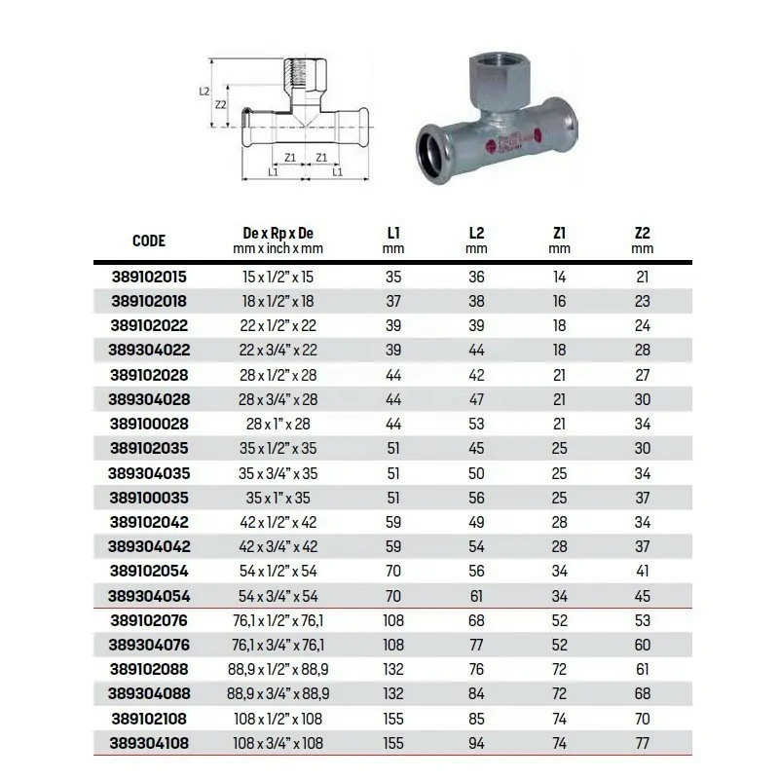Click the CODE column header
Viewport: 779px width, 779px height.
149,241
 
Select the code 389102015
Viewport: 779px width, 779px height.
149,277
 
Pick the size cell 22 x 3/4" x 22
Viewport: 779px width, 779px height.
278,351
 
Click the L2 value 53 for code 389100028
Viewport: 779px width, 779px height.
476,425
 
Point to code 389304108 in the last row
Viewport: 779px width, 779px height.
149,744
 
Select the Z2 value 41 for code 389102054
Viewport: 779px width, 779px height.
642,572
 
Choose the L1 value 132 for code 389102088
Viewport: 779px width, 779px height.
393,670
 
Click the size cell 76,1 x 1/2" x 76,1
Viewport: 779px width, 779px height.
278,621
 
